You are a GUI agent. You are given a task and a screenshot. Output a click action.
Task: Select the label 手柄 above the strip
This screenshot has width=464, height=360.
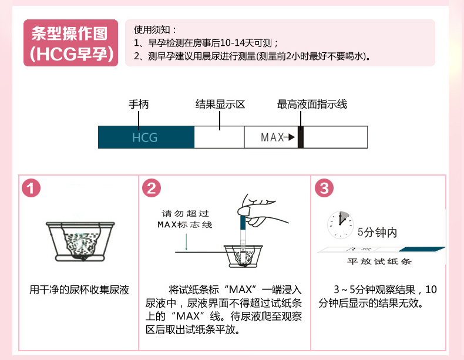click(x=139, y=105)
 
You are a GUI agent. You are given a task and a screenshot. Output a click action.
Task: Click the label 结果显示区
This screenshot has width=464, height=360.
click(x=220, y=105)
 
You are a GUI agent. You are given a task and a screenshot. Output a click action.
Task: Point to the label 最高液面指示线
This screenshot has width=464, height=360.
click(x=312, y=105)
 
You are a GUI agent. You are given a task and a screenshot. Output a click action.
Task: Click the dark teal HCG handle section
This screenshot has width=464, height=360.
click(x=146, y=137)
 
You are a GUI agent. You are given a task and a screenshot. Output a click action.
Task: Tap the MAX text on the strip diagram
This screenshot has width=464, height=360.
click(x=271, y=137)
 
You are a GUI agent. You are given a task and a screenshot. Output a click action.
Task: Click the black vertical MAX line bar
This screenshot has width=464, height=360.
click(x=300, y=137)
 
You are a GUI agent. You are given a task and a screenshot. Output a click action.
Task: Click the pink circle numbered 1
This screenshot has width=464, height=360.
click(x=31, y=188)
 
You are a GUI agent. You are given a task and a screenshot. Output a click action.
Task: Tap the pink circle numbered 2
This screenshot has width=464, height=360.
click(x=152, y=188)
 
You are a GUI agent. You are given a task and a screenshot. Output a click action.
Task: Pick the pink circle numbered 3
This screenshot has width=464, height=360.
click(x=324, y=188)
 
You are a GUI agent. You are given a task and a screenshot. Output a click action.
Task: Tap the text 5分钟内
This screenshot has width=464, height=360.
click(x=377, y=233)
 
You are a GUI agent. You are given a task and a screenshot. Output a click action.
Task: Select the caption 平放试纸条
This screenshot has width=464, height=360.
click(x=378, y=261)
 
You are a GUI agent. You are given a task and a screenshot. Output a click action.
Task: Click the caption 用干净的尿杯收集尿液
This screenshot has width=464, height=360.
click(x=79, y=290)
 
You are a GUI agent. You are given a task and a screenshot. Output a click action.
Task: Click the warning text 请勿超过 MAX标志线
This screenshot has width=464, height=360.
click(x=185, y=219)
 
